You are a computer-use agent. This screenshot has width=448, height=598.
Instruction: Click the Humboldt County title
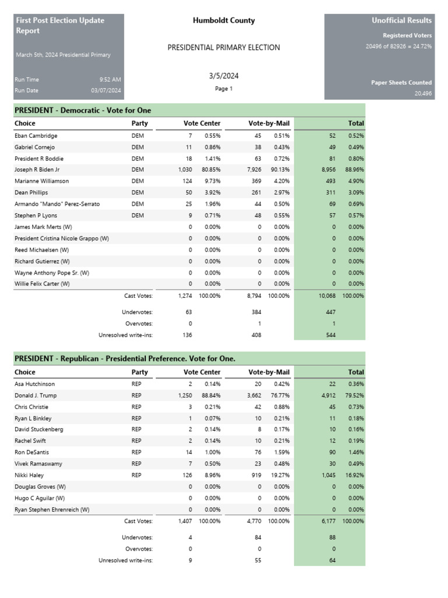(223, 20)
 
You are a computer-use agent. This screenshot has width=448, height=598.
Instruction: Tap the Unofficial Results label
(401, 20)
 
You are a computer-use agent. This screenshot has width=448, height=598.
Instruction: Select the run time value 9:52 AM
(110, 79)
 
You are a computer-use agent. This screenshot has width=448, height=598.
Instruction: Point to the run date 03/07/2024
(106, 91)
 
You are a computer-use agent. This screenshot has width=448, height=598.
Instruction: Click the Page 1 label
(223, 89)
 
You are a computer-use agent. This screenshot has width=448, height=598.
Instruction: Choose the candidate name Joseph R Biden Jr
(37, 170)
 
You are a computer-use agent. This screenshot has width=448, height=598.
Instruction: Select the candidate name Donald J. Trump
(36, 395)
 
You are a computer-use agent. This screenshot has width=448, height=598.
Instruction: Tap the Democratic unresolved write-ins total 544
(331, 335)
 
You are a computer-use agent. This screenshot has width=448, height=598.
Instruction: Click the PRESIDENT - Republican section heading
(125, 358)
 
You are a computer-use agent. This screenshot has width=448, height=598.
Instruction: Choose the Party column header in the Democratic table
(139, 123)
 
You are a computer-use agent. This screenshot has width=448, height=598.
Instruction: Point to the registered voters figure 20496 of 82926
(398, 46)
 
